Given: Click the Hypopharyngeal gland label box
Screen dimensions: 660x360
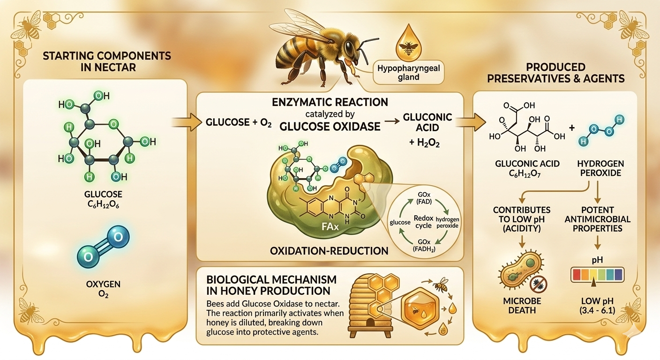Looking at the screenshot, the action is click(408, 72).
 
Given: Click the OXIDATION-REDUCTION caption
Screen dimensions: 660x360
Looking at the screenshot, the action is click(329, 251).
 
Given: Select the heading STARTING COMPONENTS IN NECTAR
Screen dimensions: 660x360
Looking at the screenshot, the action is click(107, 61).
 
